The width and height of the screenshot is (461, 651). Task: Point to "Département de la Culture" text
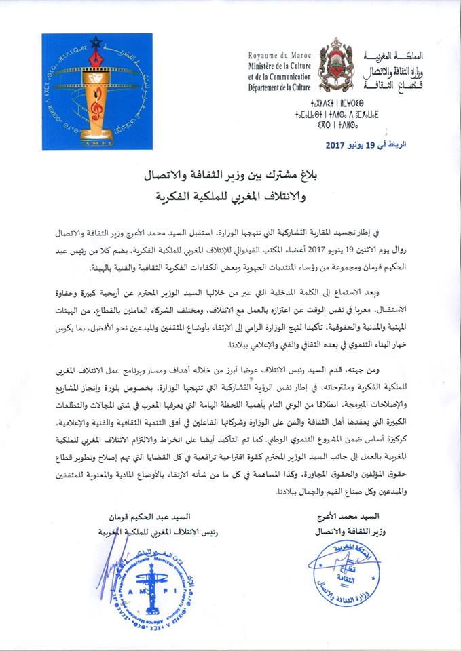pos(277,87)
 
